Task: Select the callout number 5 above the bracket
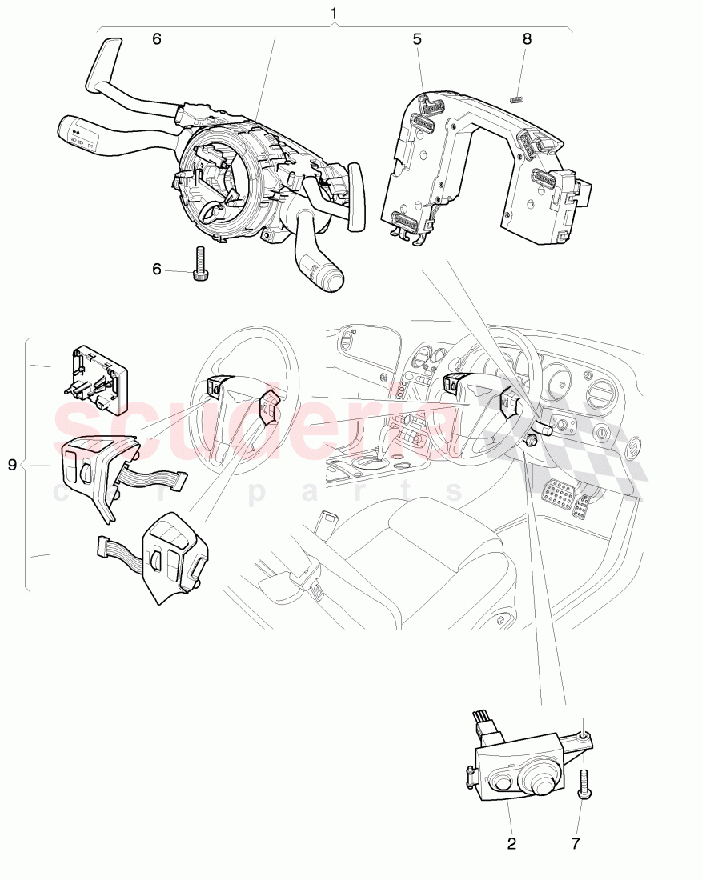pyautogui.click(x=417, y=38)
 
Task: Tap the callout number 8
pyautogui.click(x=526, y=38)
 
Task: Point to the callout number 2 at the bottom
pyautogui.click(x=511, y=843)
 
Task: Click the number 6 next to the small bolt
pyautogui.click(x=157, y=270)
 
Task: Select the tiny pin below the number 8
pyautogui.click(x=516, y=99)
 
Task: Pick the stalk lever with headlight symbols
pyautogui.click(x=80, y=133)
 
